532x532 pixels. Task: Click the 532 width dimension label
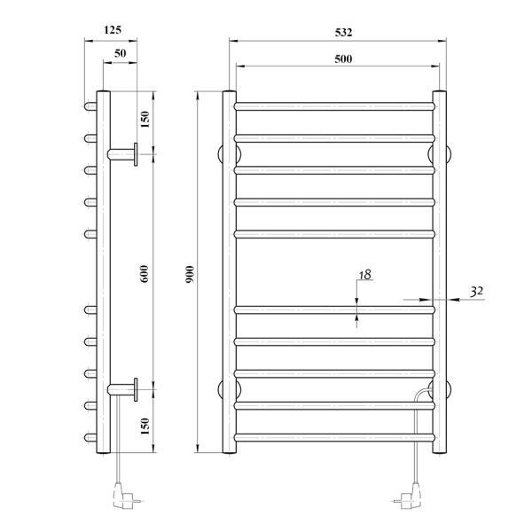343,32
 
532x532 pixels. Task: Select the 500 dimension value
343,59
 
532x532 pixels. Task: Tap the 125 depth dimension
113,30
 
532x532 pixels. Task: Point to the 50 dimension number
120,53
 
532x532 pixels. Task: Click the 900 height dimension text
190,275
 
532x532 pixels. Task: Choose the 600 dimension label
145,274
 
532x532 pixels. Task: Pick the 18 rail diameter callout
365,275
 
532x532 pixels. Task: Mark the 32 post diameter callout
477,291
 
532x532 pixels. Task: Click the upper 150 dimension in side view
145,119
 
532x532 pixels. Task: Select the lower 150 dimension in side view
145,426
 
